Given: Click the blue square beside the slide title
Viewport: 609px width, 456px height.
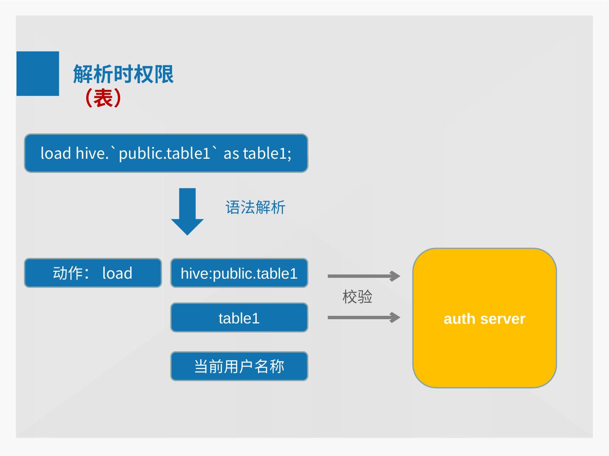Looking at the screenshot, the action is (38, 73).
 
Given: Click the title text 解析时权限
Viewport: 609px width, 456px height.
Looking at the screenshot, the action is (123, 74).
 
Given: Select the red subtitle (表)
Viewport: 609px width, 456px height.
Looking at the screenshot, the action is (103, 98).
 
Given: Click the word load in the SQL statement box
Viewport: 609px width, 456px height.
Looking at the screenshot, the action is (55, 153).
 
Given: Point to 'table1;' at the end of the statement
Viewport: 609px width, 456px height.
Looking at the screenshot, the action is (267, 153).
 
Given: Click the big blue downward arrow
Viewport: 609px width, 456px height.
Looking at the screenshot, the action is (187, 211).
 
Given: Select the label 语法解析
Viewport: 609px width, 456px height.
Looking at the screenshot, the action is (255, 207).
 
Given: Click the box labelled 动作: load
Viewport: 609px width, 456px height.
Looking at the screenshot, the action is (93, 273).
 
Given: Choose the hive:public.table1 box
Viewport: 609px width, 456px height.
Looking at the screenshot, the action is (239, 273).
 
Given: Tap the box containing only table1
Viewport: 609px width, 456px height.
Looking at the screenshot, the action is (239, 318).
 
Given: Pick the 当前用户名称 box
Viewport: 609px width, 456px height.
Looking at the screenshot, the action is (239, 366).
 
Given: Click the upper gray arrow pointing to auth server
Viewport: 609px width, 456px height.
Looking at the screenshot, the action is (364, 276).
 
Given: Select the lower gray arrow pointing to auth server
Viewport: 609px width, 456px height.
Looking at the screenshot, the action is (364, 318).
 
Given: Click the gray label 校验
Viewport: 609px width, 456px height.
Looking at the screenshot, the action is (357, 297).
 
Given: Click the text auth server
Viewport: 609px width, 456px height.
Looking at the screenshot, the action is (484, 319).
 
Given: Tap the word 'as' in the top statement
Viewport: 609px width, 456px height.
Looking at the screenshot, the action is (231, 154).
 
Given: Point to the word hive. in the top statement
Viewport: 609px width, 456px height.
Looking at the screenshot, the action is (92, 153).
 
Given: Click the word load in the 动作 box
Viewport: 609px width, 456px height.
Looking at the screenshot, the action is (117, 273).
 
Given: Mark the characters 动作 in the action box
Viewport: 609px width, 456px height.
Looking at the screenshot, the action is (68, 273).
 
